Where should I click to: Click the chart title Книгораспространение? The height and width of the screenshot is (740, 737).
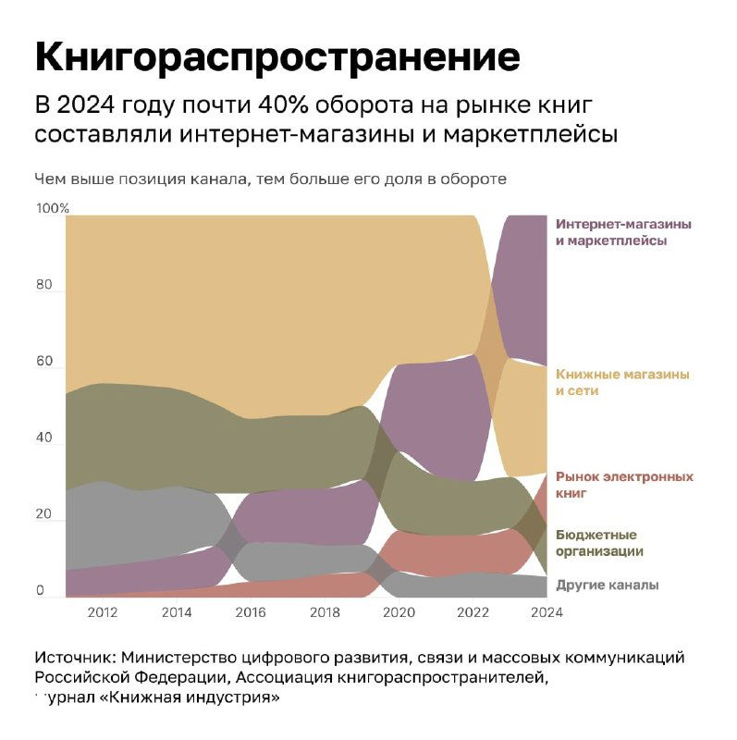(277, 56)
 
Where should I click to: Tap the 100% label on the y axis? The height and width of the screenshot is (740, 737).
(53, 208)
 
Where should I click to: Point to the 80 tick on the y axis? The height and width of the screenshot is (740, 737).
(44, 285)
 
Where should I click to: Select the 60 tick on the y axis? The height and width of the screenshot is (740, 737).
(44, 362)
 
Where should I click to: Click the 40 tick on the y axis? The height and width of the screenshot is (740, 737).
(44, 438)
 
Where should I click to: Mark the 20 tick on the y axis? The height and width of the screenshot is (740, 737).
(44, 514)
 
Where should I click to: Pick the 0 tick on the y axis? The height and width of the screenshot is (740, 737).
(40, 591)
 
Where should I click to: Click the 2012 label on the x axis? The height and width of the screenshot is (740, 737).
(102, 611)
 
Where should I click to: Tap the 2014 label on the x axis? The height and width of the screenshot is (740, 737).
(176, 611)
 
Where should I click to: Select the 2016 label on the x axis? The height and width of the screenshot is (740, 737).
(251, 611)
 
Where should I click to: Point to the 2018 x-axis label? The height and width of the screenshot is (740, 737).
(325, 611)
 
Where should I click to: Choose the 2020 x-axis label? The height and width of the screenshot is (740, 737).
(399, 611)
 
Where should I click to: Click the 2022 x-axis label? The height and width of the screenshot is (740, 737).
(473, 611)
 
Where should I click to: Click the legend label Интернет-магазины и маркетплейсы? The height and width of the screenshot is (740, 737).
(623, 232)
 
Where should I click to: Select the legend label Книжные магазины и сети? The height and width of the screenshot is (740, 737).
(622, 383)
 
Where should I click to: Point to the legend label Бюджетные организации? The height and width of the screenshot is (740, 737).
(599, 543)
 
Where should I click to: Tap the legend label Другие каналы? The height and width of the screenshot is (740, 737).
(607, 585)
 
